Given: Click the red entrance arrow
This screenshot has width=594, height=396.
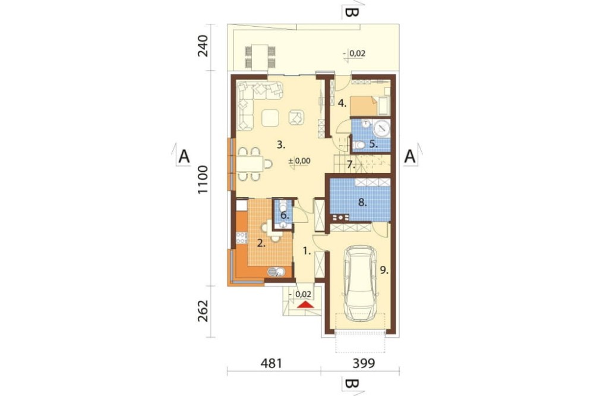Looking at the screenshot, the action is (306, 304).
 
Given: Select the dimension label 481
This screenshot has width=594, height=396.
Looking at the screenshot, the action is (271, 363).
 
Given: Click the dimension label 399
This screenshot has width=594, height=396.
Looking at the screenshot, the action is (364, 363).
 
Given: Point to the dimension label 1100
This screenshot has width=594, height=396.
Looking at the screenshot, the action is (203, 180).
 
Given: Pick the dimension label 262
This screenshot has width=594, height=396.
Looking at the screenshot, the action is (203, 310).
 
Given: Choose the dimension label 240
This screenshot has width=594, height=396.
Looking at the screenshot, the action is (203, 46).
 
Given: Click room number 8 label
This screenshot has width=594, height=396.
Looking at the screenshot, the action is (362, 203).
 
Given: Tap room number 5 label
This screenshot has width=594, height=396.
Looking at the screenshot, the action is (373, 144).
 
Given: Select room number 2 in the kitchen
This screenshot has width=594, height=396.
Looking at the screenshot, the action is (261, 243).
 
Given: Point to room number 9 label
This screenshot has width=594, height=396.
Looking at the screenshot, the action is (384, 270).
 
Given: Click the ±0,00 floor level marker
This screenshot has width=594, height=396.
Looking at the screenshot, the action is (299, 161).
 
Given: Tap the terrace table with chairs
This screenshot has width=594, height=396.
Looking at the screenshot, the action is (260, 57).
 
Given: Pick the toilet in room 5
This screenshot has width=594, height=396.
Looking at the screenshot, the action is (359, 144).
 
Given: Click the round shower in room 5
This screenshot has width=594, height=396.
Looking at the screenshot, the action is (381, 128).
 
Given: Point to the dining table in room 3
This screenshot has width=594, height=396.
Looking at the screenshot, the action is (251, 164).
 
